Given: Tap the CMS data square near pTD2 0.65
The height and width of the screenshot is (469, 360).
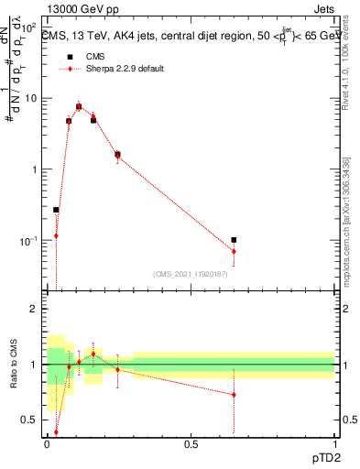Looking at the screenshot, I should [234, 240].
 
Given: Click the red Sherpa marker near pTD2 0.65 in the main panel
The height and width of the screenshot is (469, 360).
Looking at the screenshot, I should [234, 251].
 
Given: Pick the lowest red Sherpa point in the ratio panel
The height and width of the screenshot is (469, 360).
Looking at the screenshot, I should [56, 432].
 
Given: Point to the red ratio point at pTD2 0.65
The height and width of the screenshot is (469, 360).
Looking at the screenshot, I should [234, 395].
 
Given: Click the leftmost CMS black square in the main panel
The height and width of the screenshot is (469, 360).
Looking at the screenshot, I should [56, 210].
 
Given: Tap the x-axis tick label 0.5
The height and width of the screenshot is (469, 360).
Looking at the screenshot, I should [191, 444].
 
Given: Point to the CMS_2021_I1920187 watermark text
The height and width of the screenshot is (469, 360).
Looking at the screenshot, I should [191, 274].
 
